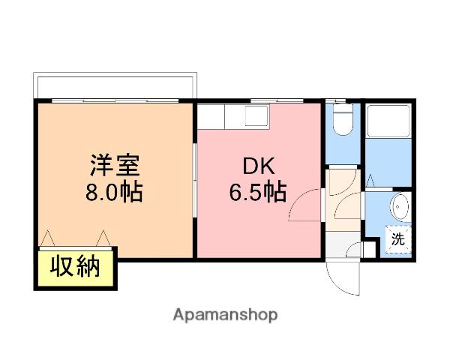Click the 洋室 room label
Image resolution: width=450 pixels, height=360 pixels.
point(115,165)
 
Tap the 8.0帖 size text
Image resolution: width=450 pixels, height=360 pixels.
point(114,192)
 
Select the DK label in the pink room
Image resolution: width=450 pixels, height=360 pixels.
point(259,166)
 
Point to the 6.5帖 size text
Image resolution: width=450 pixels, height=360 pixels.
point(258,192)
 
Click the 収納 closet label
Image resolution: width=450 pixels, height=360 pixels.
point(75,266)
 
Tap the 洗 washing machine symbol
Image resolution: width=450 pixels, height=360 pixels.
point(398,239)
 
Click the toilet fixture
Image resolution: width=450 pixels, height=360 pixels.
point(343,118)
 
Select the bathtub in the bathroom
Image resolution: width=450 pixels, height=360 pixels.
point(389,121)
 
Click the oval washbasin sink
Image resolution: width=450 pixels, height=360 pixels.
point(399,206)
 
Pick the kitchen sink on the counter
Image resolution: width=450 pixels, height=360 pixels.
point(256,115)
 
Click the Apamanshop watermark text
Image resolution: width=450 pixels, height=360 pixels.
point(225,315)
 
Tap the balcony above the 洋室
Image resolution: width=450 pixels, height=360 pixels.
point(115,85)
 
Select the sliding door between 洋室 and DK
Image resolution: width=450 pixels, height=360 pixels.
point(194,180)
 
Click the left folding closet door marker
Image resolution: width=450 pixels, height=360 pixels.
point(47,238)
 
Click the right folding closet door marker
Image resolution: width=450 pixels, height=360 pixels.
point(103,238)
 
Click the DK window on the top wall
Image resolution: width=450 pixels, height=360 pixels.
point(277,100)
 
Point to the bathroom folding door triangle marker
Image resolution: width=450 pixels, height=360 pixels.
point(370,181)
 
